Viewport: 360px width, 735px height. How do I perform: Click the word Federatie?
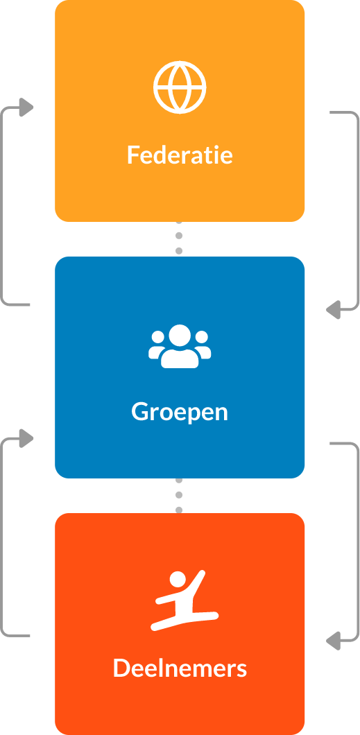coord(180,155)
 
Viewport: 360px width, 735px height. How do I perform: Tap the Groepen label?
coord(180,412)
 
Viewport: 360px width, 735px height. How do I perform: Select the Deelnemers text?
coord(180,668)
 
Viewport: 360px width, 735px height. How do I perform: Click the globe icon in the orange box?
coord(180,87)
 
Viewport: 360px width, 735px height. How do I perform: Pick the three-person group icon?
coord(180,347)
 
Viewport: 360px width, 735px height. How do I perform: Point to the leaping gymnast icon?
coord(185,600)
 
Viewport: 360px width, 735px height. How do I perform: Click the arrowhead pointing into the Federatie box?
coord(26,107)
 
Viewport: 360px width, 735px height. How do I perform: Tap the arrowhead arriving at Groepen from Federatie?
coord(333,309)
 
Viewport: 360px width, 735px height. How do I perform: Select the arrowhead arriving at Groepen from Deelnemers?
coord(26,438)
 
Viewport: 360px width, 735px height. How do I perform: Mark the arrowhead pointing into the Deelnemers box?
coord(333,640)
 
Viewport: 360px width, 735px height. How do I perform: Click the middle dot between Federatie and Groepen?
coord(178,235)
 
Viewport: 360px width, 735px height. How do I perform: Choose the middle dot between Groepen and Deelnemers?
coord(178,495)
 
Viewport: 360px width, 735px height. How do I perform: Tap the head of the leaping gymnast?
coord(178,580)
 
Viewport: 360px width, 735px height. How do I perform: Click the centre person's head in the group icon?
coord(180,335)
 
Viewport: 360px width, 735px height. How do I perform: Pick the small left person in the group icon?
coord(157,345)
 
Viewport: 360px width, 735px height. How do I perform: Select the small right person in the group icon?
coord(203,345)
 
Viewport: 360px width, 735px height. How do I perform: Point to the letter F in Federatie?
coord(134,155)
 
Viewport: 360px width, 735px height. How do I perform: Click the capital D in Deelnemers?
coord(121,668)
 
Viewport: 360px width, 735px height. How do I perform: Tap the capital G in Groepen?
coord(139,412)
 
